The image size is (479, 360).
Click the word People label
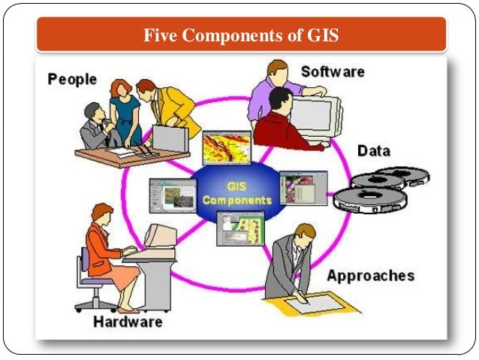[x=74, y=78]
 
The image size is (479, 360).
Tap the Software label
[x=332, y=72]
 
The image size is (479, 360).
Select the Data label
[x=373, y=151]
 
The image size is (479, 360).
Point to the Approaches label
[x=370, y=275]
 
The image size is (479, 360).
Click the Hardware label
[x=128, y=322]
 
